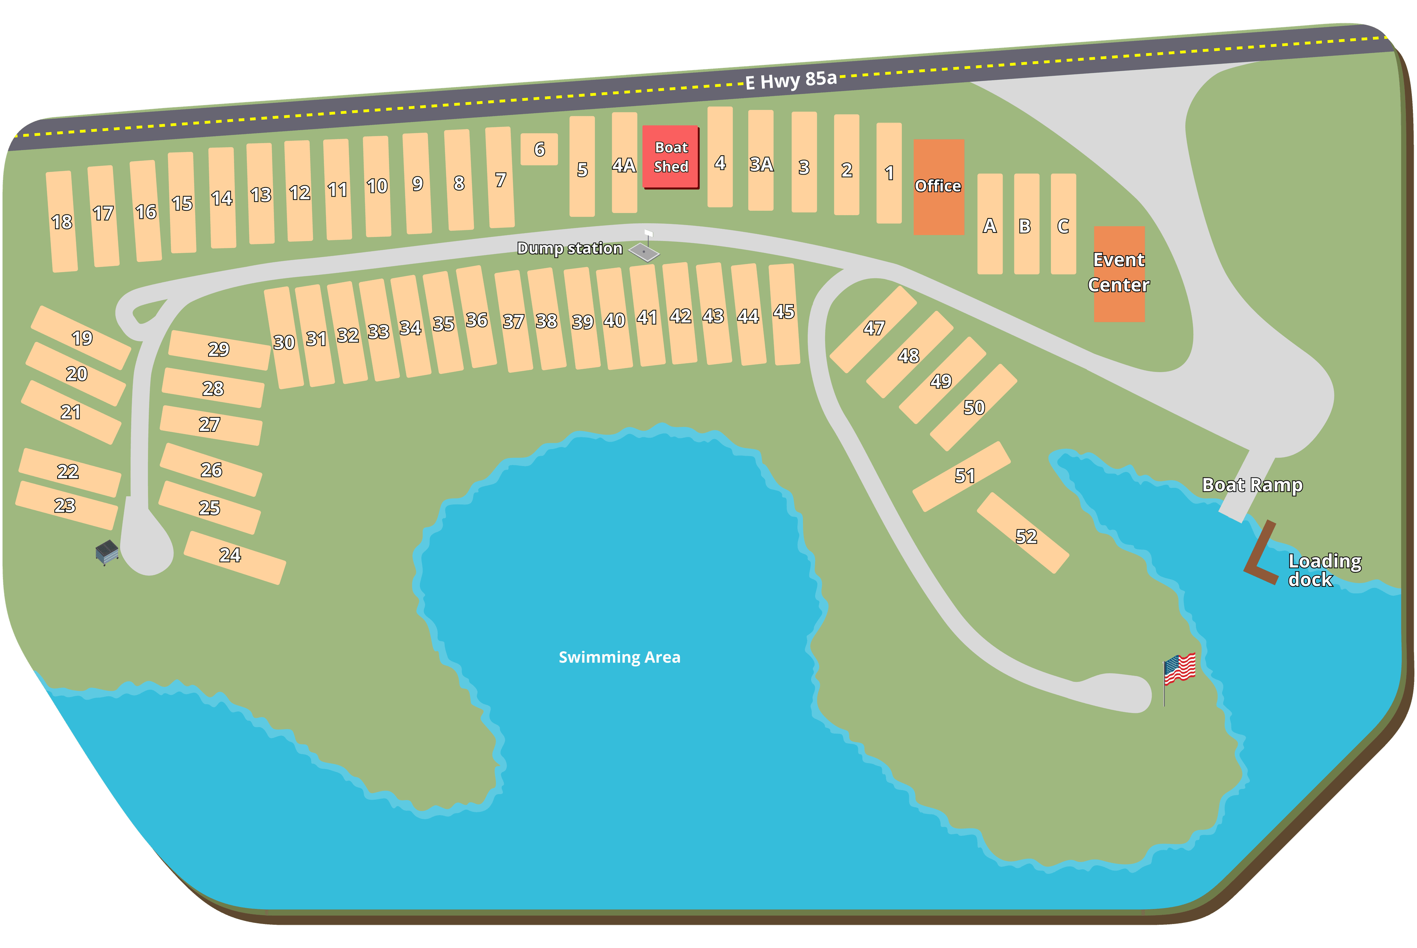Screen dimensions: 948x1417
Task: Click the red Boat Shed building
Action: pos(670,157)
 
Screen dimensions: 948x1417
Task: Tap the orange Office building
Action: pos(938,187)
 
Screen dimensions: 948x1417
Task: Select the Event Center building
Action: pos(1118,273)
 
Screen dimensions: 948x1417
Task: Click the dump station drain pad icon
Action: pos(644,251)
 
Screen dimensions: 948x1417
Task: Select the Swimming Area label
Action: pos(619,657)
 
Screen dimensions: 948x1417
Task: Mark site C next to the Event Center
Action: pos(1063,224)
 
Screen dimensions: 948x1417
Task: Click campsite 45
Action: pos(784,314)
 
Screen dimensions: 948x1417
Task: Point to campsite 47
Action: pos(873,329)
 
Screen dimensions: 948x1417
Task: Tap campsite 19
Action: pos(81,337)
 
